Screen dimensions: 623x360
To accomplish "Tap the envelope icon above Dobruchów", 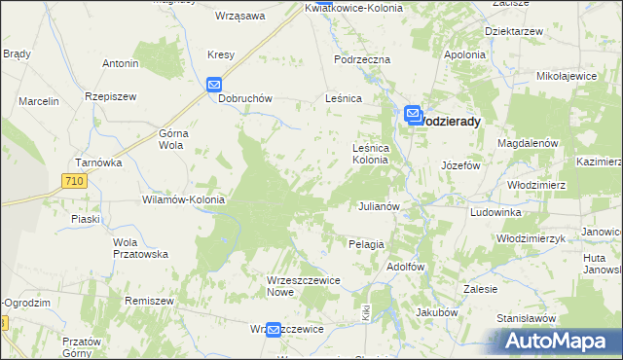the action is (216, 86).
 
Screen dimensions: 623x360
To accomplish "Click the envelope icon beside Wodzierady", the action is (413, 115).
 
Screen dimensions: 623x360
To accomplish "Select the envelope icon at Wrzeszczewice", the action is (275, 331).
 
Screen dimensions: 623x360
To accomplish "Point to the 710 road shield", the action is (72, 181).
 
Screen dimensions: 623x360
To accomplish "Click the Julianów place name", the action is (380, 207).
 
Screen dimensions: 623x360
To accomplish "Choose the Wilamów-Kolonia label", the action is (184, 199).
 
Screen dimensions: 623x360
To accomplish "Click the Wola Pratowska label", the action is (141, 248).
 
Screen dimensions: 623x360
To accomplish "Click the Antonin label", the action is (121, 64).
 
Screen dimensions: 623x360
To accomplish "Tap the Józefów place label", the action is (461, 165).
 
